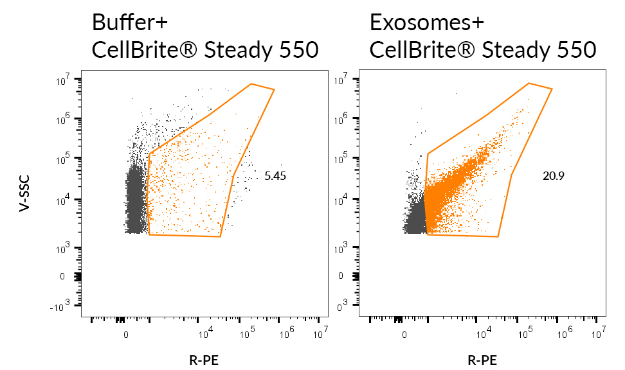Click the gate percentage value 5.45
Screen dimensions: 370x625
(x=275, y=175)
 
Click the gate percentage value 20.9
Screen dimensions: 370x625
(x=553, y=175)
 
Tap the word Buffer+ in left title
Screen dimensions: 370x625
(x=130, y=22)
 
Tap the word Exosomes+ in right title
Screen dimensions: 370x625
(x=426, y=22)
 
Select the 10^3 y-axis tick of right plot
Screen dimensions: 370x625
(x=344, y=246)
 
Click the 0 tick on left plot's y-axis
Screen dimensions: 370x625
(x=62, y=277)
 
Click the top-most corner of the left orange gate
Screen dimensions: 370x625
(x=251, y=84)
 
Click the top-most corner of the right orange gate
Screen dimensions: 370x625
(x=529, y=83)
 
